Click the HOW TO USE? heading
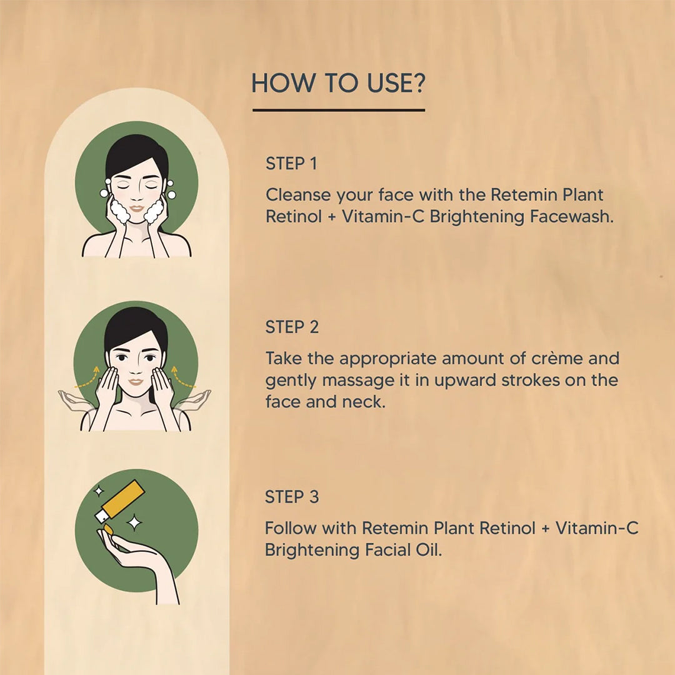coord(338,83)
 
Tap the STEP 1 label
coord(291,164)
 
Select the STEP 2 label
coord(292,327)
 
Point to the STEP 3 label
coord(292,497)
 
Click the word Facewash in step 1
coord(571,216)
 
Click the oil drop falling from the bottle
coord(108,529)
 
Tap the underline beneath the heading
coord(339,110)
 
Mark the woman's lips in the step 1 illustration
coord(136,209)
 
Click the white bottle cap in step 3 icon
coord(102,516)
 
